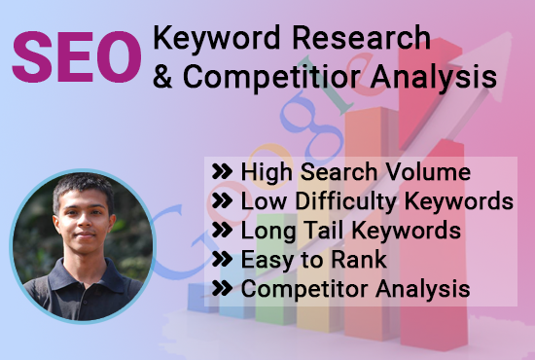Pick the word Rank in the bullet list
pos(363,260)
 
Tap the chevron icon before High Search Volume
pos(222,173)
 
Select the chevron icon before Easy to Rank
pos(222,261)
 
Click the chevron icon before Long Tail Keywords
pos(222,232)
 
